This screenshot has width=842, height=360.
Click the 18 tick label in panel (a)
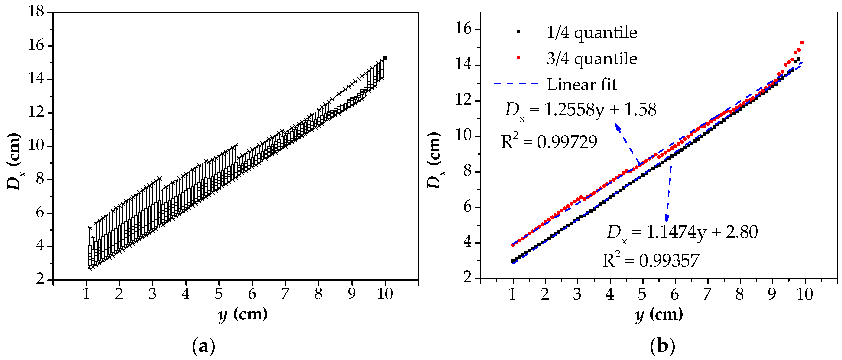[x=36, y=12]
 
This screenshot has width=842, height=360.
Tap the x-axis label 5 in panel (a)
[x=219, y=294]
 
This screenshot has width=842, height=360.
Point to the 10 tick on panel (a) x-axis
[x=385, y=294]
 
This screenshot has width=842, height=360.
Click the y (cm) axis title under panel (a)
[x=243, y=315]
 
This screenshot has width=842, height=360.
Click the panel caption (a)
[x=204, y=346]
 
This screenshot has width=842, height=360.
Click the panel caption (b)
[x=662, y=346]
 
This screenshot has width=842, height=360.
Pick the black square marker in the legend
[x=518, y=32]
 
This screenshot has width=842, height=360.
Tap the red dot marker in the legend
[x=518, y=58]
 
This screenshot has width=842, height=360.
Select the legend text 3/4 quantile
[x=592, y=59]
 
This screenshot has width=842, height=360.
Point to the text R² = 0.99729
[x=549, y=142]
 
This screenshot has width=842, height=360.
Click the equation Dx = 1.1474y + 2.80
[x=682, y=233]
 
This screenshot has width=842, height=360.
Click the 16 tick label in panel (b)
[x=463, y=29]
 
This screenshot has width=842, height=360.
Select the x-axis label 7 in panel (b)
[x=707, y=294]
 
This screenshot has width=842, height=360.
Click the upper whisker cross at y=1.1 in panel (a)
[x=90, y=227]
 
